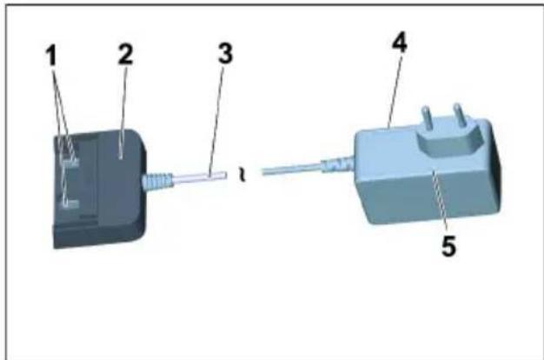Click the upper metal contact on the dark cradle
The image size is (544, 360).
point(70,159)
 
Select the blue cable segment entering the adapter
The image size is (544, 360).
point(295,170)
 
